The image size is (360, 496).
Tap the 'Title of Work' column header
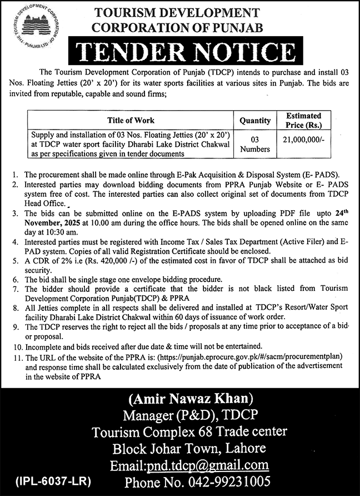(131, 120)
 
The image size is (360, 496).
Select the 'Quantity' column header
(255, 120)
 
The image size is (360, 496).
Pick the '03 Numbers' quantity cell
(255, 143)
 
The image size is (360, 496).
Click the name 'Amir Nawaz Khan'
(191, 399)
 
